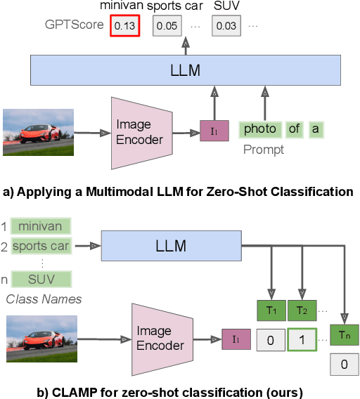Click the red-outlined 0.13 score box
(124, 27)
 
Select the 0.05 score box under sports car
(167, 27)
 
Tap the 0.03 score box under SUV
(226, 27)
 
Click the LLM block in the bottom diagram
(171, 245)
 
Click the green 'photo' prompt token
(259, 129)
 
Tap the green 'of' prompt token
(294, 129)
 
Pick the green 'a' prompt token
(315, 129)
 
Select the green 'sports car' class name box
(40, 246)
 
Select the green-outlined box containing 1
(302, 340)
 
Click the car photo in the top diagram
(38, 131)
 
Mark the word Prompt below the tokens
(264, 149)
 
